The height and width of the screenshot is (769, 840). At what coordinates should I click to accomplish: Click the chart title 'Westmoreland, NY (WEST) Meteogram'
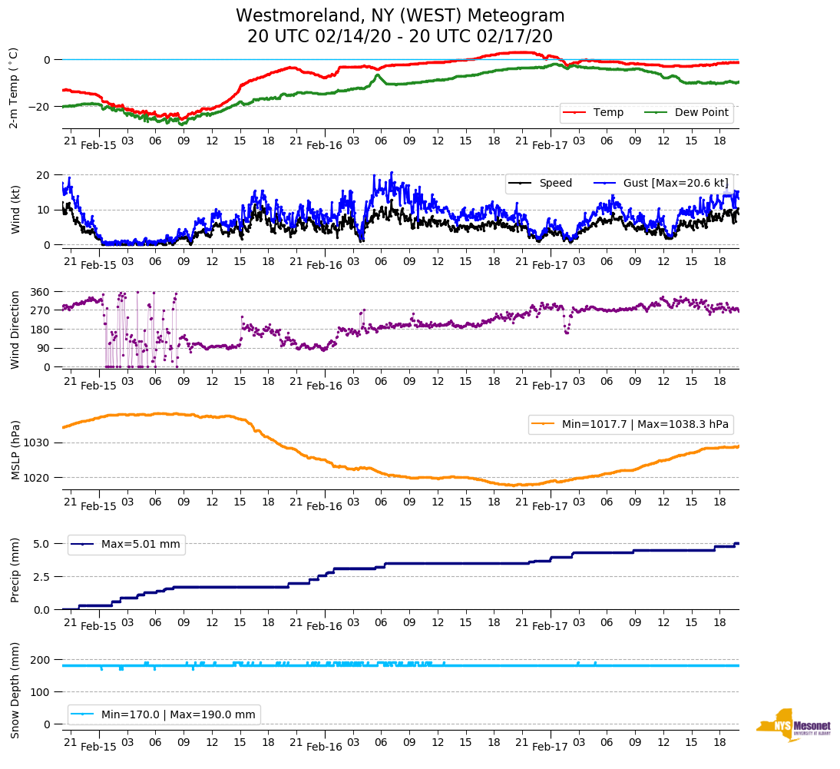click(x=400, y=16)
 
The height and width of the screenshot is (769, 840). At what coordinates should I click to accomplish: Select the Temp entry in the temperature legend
click(x=607, y=113)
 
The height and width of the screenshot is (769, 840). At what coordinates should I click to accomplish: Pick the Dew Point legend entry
click(x=702, y=113)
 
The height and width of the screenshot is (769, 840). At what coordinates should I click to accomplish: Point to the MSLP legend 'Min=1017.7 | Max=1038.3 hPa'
click(x=630, y=424)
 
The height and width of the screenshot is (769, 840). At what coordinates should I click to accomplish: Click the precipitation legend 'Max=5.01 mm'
click(x=140, y=545)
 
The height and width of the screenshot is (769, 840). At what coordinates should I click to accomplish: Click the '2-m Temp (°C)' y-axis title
click(x=14, y=88)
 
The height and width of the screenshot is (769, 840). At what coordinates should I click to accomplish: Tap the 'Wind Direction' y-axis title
click(x=15, y=330)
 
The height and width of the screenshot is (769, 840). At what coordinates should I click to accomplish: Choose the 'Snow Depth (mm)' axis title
click(x=15, y=691)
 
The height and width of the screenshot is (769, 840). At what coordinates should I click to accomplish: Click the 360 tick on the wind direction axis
click(x=41, y=292)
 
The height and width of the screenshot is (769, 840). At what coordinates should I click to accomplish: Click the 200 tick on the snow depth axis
click(x=41, y=660)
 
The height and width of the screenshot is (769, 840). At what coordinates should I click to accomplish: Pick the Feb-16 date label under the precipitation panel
click(x=324, y=626)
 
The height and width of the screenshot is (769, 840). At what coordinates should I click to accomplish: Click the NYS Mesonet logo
click(x=792, y=726)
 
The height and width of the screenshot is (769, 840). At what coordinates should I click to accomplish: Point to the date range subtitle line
click(x=400, y=37)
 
